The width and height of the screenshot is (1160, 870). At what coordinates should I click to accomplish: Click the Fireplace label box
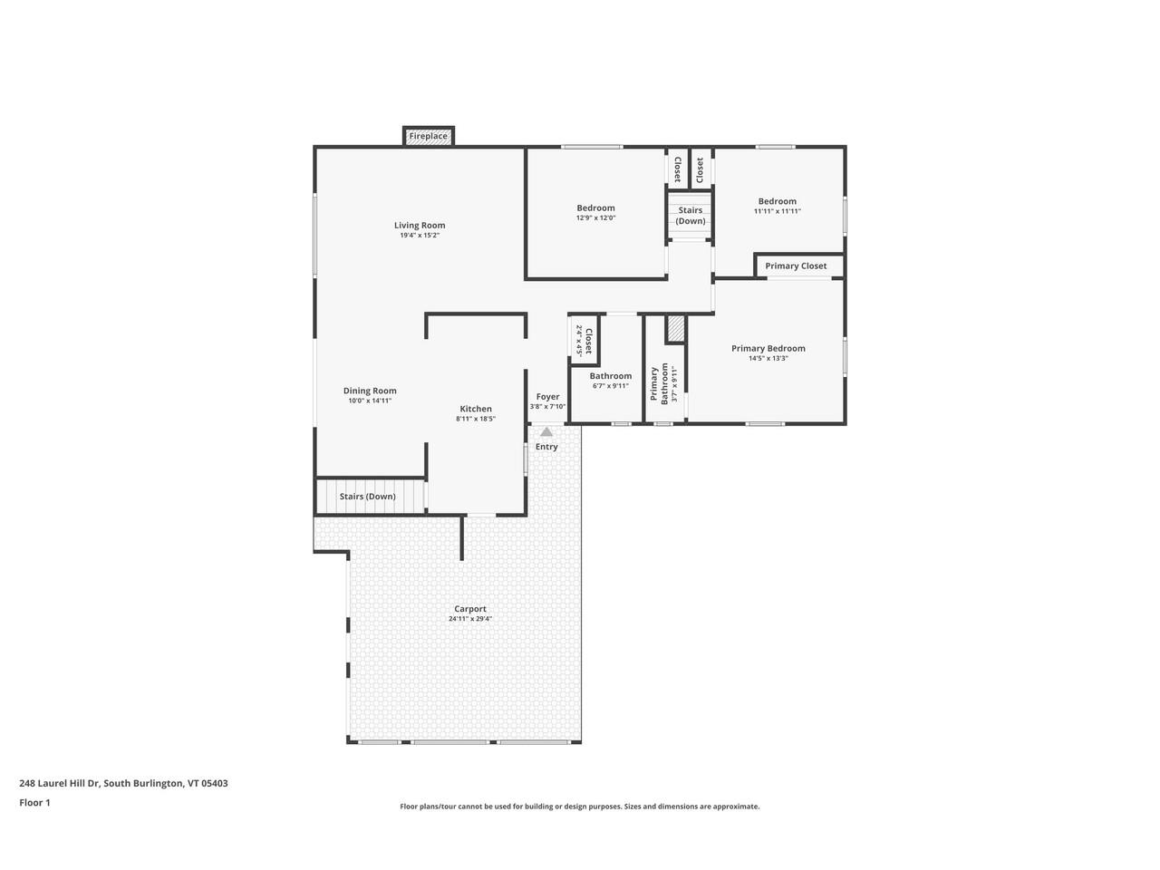coord(428,136)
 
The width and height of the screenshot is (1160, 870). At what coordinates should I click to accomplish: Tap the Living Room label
coord(420,226)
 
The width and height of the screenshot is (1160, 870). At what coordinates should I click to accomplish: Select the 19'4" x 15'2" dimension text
coord(420,236)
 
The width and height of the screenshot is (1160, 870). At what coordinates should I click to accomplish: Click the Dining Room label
coord(370,391)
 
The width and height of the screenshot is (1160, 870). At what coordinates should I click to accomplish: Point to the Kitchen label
coord(475,409)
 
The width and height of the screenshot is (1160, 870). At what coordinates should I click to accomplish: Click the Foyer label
coord(547,396)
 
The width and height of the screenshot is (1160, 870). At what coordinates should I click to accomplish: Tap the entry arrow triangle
coord(546,432)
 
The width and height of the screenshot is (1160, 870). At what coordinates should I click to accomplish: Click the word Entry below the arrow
coord(546,447)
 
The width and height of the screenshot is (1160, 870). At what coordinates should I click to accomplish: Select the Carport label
coord(470,609)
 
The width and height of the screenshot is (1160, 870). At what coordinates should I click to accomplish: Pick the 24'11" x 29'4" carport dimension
coord(470,619)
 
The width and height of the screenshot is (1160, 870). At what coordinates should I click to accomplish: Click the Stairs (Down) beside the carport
coord(367,497)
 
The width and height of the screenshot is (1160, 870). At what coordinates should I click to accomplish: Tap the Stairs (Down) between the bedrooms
coord(690,216)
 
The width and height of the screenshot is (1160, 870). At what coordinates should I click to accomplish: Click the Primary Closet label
coord(796,266)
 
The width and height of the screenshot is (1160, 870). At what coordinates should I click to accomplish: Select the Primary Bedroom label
coord(768,348)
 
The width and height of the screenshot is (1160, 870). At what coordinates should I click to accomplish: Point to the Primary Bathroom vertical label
coord(659,384)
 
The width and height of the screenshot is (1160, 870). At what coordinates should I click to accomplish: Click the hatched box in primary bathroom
coord(674,329)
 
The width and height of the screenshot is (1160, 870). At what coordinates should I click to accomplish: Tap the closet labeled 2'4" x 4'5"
coord(585,341)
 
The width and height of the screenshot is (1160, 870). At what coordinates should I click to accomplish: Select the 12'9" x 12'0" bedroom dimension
coord(595,217)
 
